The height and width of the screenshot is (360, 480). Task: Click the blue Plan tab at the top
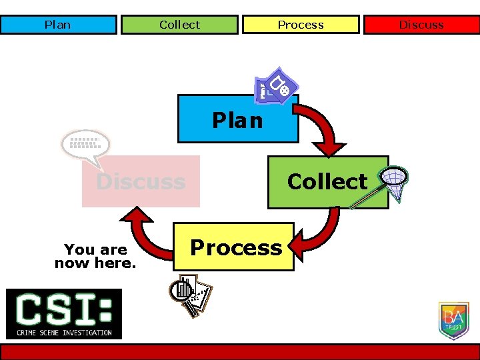58,25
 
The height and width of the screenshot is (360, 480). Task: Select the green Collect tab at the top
179,25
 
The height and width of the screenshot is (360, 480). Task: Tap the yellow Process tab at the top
301,25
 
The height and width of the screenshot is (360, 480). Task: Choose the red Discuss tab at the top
421,25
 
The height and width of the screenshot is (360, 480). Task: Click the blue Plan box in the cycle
237,119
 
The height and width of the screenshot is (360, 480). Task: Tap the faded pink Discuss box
141,181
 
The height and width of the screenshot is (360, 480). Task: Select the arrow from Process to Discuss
146,233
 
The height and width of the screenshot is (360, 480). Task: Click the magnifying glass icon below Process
189,293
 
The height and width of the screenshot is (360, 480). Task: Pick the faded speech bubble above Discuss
85,146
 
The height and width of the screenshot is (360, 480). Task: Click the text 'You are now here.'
95,256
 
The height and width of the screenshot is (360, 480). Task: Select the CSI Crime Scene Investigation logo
64,313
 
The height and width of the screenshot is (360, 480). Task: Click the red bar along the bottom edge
240,351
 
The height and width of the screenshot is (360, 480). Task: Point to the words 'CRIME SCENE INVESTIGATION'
64,332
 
